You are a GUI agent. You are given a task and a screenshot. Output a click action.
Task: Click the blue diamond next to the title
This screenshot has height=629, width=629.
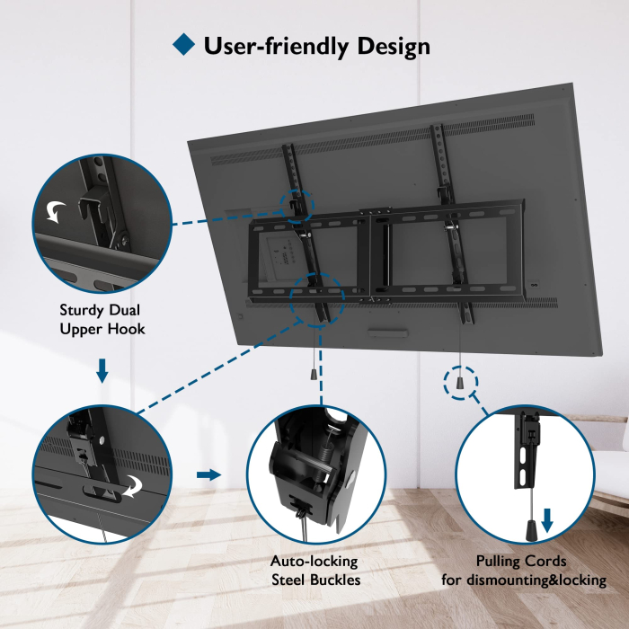(183, 45)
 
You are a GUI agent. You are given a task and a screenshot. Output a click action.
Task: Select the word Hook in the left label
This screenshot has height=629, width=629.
(125, 329)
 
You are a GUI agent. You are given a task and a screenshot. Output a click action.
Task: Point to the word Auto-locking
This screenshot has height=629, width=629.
(314, 562)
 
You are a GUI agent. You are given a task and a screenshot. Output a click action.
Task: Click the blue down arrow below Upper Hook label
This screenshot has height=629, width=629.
(102, 369)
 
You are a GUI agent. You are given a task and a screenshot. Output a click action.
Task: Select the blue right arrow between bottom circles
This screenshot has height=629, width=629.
(208, 474)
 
